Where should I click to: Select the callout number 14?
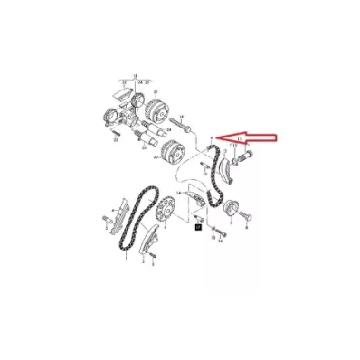pyautogui.click(x=184, y=194)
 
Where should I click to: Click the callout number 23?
pyautogui.click(x=117, y=141)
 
